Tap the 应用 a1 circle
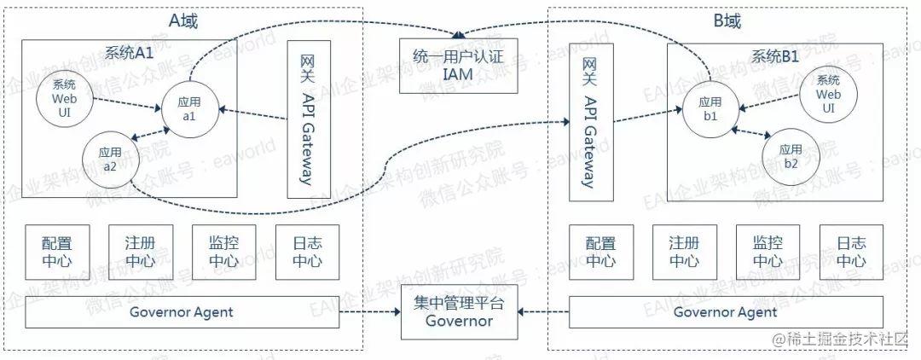pyautogui.click(x=188, y=109)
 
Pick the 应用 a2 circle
pyautogui.click(x=109, y=159)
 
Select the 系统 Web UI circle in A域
pyautogui.click(x=64, y=98)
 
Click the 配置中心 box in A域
pyautogui.click(x=57, y=253)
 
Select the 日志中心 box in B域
pyautogui.click(x=852, y=253)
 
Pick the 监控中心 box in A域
pyautogui.click(x=224, y=253)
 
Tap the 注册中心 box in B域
pyautogui.click(x=685, y=253)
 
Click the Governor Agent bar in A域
pyautogui.click(x=181, y=312)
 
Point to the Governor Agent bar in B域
pyautogui.click(x=725, y=312)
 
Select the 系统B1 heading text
pyautogui.click(x=774, y=56)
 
